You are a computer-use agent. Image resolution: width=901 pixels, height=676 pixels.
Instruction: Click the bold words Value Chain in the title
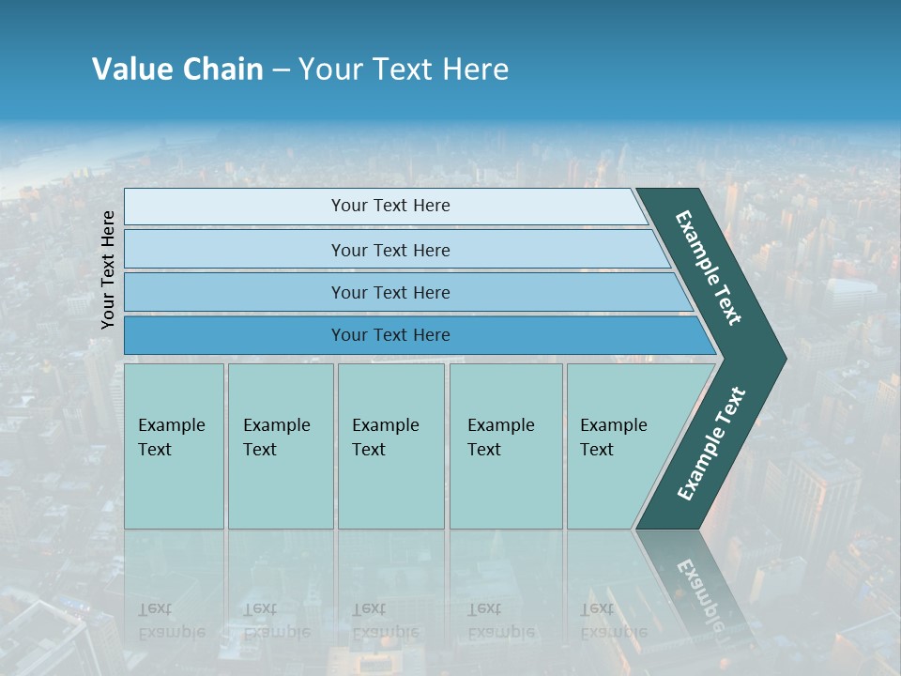(x=177, y=69)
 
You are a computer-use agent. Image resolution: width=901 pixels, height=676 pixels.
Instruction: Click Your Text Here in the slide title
(x=404, y=69)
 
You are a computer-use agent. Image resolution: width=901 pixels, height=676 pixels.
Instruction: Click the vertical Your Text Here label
(x=109, y=269)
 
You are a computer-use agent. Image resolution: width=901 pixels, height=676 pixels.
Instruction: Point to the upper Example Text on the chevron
(x=709, y=268)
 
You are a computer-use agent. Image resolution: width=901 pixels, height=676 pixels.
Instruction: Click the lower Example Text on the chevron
(x=710, y=444)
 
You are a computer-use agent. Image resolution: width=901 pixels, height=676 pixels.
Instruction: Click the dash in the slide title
(x=281, y=70)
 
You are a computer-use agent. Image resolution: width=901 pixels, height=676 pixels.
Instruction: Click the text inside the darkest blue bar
(x=390, y=335)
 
